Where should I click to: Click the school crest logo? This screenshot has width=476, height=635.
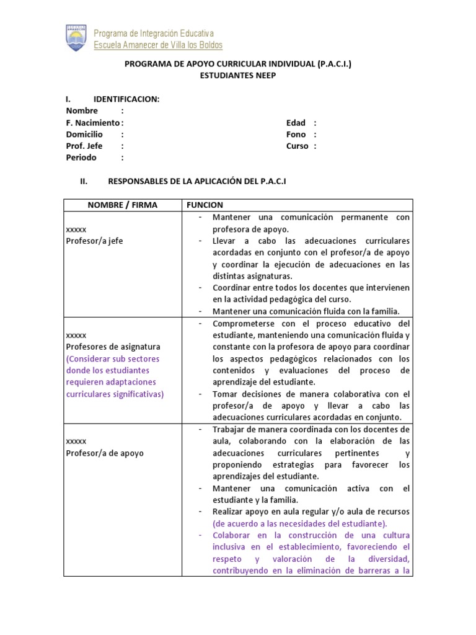[x=77, y=38]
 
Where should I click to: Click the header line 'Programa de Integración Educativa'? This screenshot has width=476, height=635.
[x=153, y=33]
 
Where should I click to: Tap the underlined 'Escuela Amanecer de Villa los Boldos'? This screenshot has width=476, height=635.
[x=157, y=45]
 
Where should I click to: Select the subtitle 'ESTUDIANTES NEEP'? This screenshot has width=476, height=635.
[x=238, y=75]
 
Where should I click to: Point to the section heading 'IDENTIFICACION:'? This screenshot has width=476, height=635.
[x=126, y=99]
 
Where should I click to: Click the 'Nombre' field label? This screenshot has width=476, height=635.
[x=82, y=111]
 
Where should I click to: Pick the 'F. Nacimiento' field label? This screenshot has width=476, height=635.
[x=93, y=123]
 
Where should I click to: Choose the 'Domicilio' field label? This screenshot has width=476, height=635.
[x=85, y=135]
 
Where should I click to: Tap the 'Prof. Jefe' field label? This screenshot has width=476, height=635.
[x=84, y=146]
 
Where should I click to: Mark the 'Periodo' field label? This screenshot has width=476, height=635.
[x=81, y=158]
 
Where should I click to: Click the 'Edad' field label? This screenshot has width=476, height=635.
[x=296, y=123]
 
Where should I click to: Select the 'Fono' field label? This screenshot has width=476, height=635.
[x=296, y=135]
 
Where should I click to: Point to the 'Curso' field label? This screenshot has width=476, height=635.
[x=297, y=146]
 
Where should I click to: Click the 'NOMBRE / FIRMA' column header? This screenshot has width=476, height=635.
[x=122, y=205]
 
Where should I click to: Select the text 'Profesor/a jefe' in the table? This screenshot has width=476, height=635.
[x=94, y=241]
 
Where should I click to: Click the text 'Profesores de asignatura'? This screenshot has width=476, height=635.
[x=113, y=347]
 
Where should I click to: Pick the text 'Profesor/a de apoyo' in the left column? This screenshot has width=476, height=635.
[x=104, y=453]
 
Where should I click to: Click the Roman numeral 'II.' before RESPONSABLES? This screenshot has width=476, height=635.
[x=85, y=182]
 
